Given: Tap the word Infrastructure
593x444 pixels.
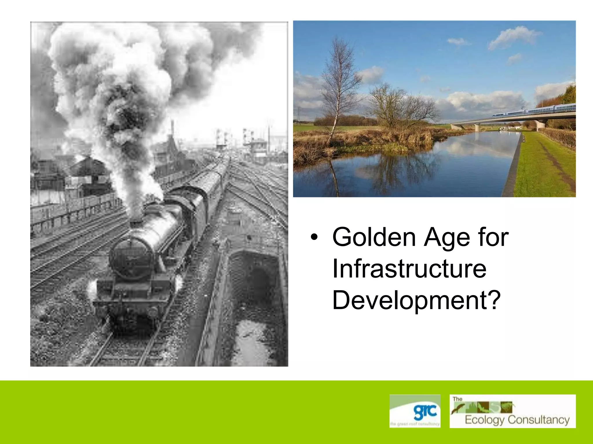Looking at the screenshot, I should (409, 269).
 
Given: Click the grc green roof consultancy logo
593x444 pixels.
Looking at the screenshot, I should (415, 411).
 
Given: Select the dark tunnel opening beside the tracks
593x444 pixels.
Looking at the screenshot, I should (255, 277).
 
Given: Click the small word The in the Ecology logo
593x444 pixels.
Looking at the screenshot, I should (457, 399).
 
